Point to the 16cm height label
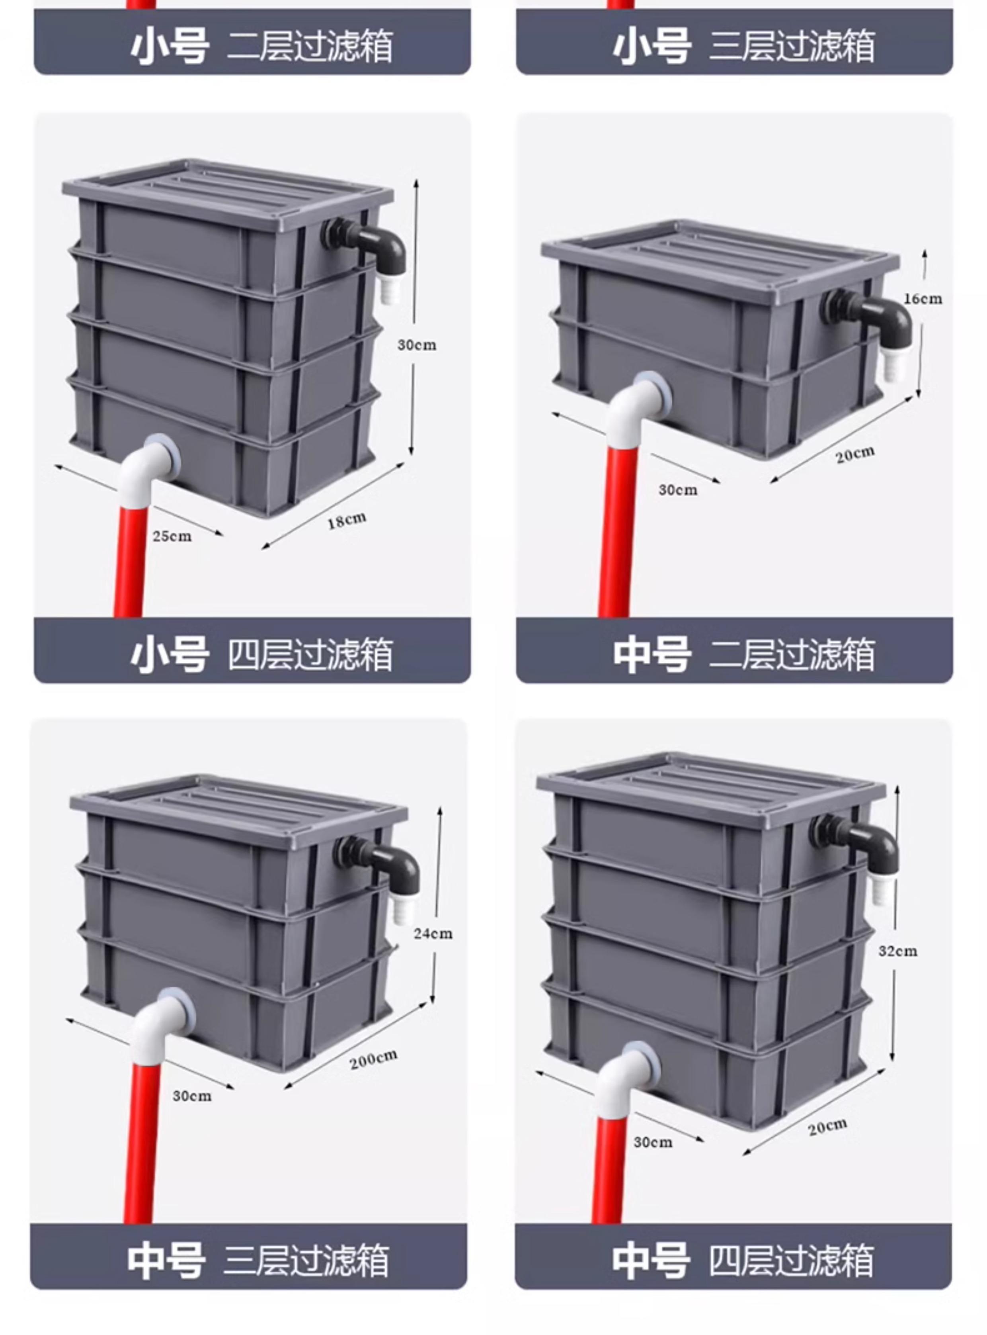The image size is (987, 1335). [x=923, y=298]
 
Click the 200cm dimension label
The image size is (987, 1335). [x=373, y=1059]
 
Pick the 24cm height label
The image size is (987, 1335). [x=433, y=933]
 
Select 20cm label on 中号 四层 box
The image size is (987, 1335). [x=827, y=1127]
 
